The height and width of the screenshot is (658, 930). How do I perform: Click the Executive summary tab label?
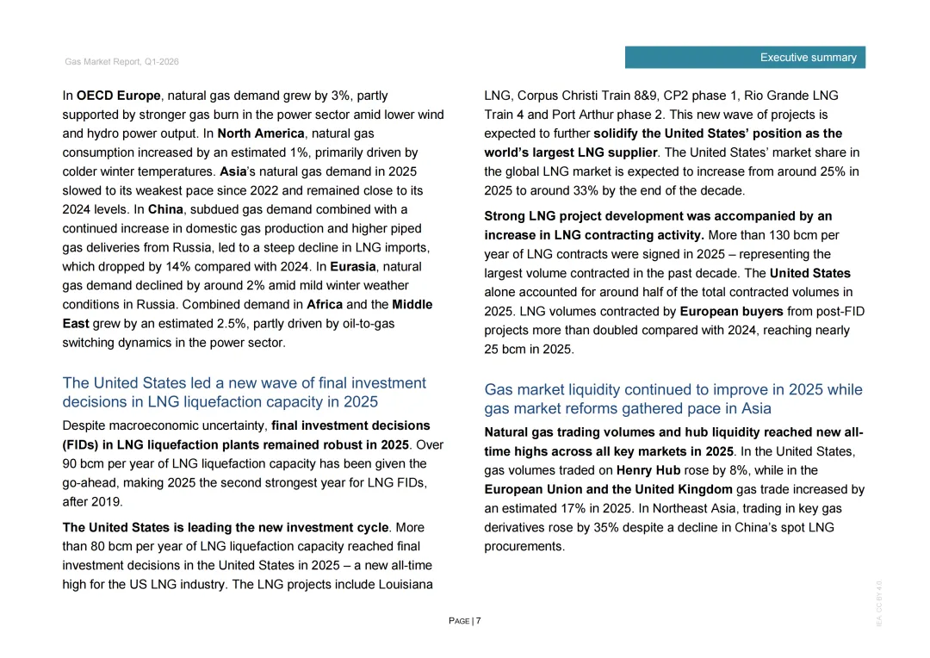pyautogui.click(x=808, y=58)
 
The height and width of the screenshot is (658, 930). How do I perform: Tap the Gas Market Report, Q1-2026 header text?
pyautogui.click(x=121, y=62)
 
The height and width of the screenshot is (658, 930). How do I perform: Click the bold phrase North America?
pyautogui.click(x=261, y=133)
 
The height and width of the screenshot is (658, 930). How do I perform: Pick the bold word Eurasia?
pyautogui.click(x=353, y=266)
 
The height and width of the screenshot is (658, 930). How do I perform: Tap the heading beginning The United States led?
pyautogui.click(x=244, y=392)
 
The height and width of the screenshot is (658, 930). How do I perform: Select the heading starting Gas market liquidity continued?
pyautogui.click(x=673, y=399)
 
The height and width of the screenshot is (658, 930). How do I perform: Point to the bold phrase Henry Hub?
pyautogui.click(x=648, y=470)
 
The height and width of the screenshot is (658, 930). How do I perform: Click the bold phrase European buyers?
pyautogui.click(x=731, y=311)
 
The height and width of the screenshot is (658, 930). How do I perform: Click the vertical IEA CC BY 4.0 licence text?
pyautogui.click(x=879, y=603)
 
